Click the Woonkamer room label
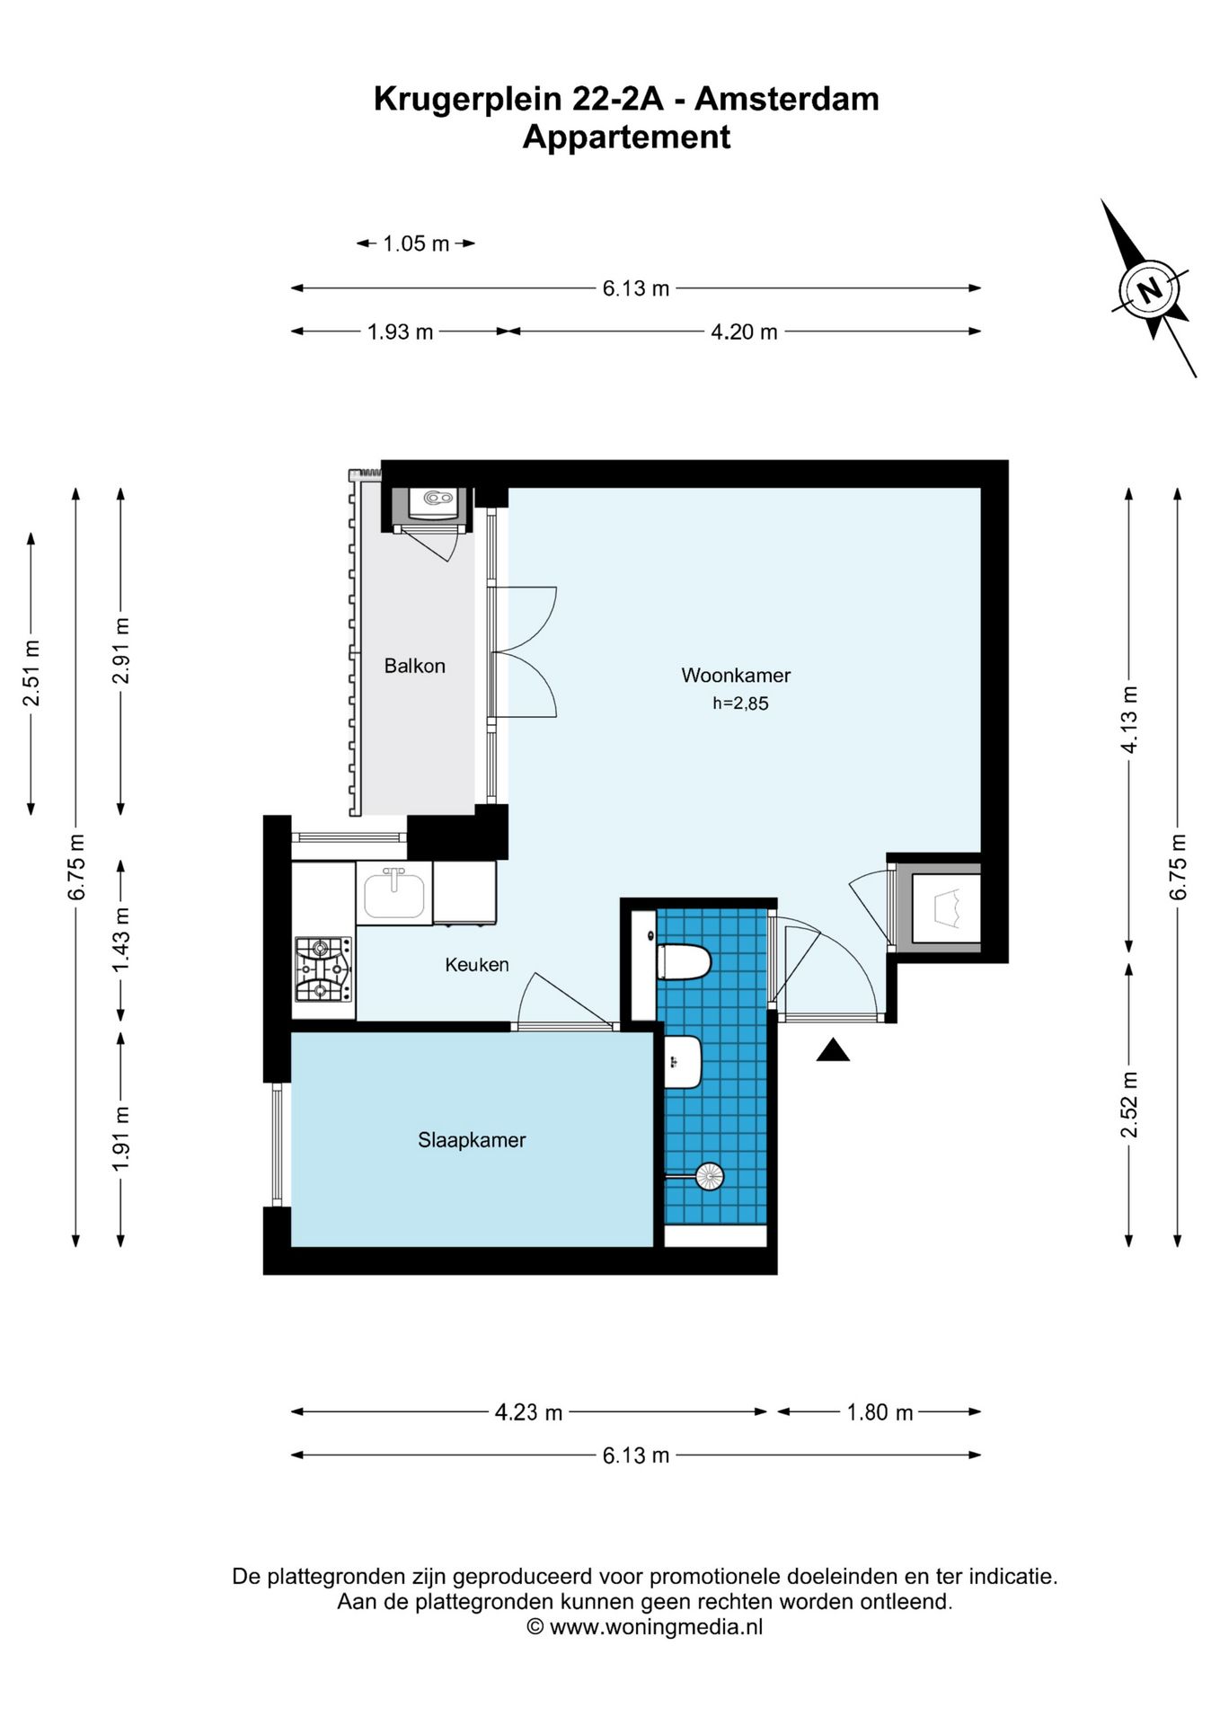click(736, 675)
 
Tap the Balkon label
click(414, 666)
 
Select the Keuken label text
click(477, 964)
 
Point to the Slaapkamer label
click(472, 1140)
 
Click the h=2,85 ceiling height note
click(740, 703)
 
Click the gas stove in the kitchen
click(323, 969)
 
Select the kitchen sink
click(393, 893)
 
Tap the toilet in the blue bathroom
click(684, 962)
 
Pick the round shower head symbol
click(710, 1176)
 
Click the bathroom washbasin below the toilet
click(683, 1062)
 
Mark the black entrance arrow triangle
click(833, 1049)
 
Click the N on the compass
click(1149, 289)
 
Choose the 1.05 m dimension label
click(416, 243)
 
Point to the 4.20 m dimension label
click(744, 332)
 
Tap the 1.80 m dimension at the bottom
click(880, 1412)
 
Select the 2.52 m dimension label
click(1129, 1104)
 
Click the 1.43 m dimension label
click(121, 939)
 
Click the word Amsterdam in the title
click(787, 99)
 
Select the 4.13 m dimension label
click(1129, 720)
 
